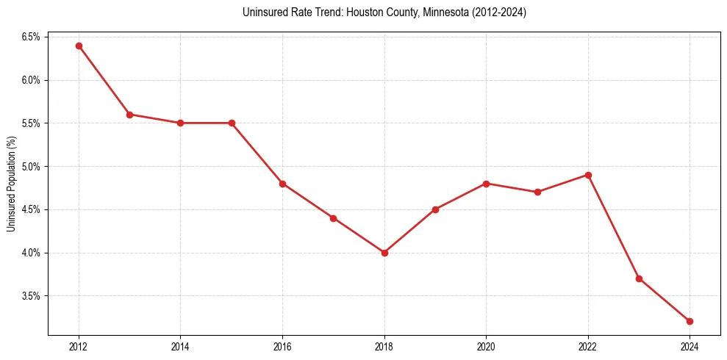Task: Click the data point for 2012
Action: click(79, 46)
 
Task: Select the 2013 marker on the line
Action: click(129, 115)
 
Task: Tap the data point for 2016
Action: click(282, 184)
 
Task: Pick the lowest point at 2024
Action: click(690, 321)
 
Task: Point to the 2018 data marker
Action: click(384, 253)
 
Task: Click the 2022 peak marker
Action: click(588, 175)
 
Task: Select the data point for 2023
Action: click(639, 278)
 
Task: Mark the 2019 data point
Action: click(435, 209)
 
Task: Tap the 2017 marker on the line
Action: click(333, 218)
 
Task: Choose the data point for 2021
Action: click(537, 192)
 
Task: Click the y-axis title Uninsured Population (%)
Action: click(12, 183)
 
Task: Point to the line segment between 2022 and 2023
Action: click(613, 226)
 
